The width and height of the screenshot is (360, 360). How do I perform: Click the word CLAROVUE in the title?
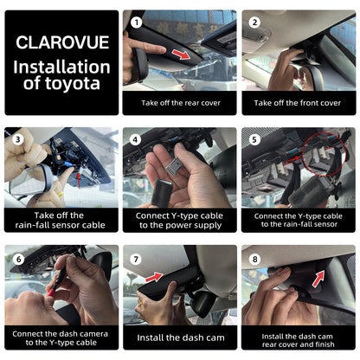pyautogui.click(x=62, y=42)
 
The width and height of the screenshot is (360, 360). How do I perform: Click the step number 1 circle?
pyautogui.click(x=136, y=22)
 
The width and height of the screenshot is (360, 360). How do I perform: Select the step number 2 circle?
pyautogui.click(x=254, y=22)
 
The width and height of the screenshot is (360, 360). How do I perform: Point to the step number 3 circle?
pyautogui.click(x=18, y=139)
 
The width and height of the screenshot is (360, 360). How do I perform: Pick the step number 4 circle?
pyautogui.click(x=135, y=140)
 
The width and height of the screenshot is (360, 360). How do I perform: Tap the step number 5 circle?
pyautogui.click(x=254, y=140)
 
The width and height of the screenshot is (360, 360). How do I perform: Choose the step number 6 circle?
pyautogui.click(x=18, y=259)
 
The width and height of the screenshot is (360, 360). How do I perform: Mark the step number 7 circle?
pyautogui.click(x=136, y=260)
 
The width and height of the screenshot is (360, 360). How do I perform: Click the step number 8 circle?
pyautogui.click(x=254, y=259)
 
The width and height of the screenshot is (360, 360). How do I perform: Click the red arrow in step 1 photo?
pyautogui.click(x=181, y=54)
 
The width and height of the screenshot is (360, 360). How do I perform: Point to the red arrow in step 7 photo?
pyautogui.click(x=154, y=277)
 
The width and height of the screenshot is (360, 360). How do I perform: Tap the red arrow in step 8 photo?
pyautogui.click(x=318, y=279)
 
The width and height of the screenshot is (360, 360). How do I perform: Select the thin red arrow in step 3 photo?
pyautogui.click(x=79, y=180)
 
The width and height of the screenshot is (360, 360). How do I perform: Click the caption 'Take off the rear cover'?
pyautogui.click(x=181, y=103)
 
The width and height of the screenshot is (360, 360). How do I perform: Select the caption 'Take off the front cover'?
pyautogui.click(x=298, y=103)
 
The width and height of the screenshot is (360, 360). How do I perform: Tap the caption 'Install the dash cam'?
pyautogui.click(x=181, y=337)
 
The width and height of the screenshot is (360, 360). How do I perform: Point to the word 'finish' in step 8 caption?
pyautogui.click(x=325, y=344)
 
